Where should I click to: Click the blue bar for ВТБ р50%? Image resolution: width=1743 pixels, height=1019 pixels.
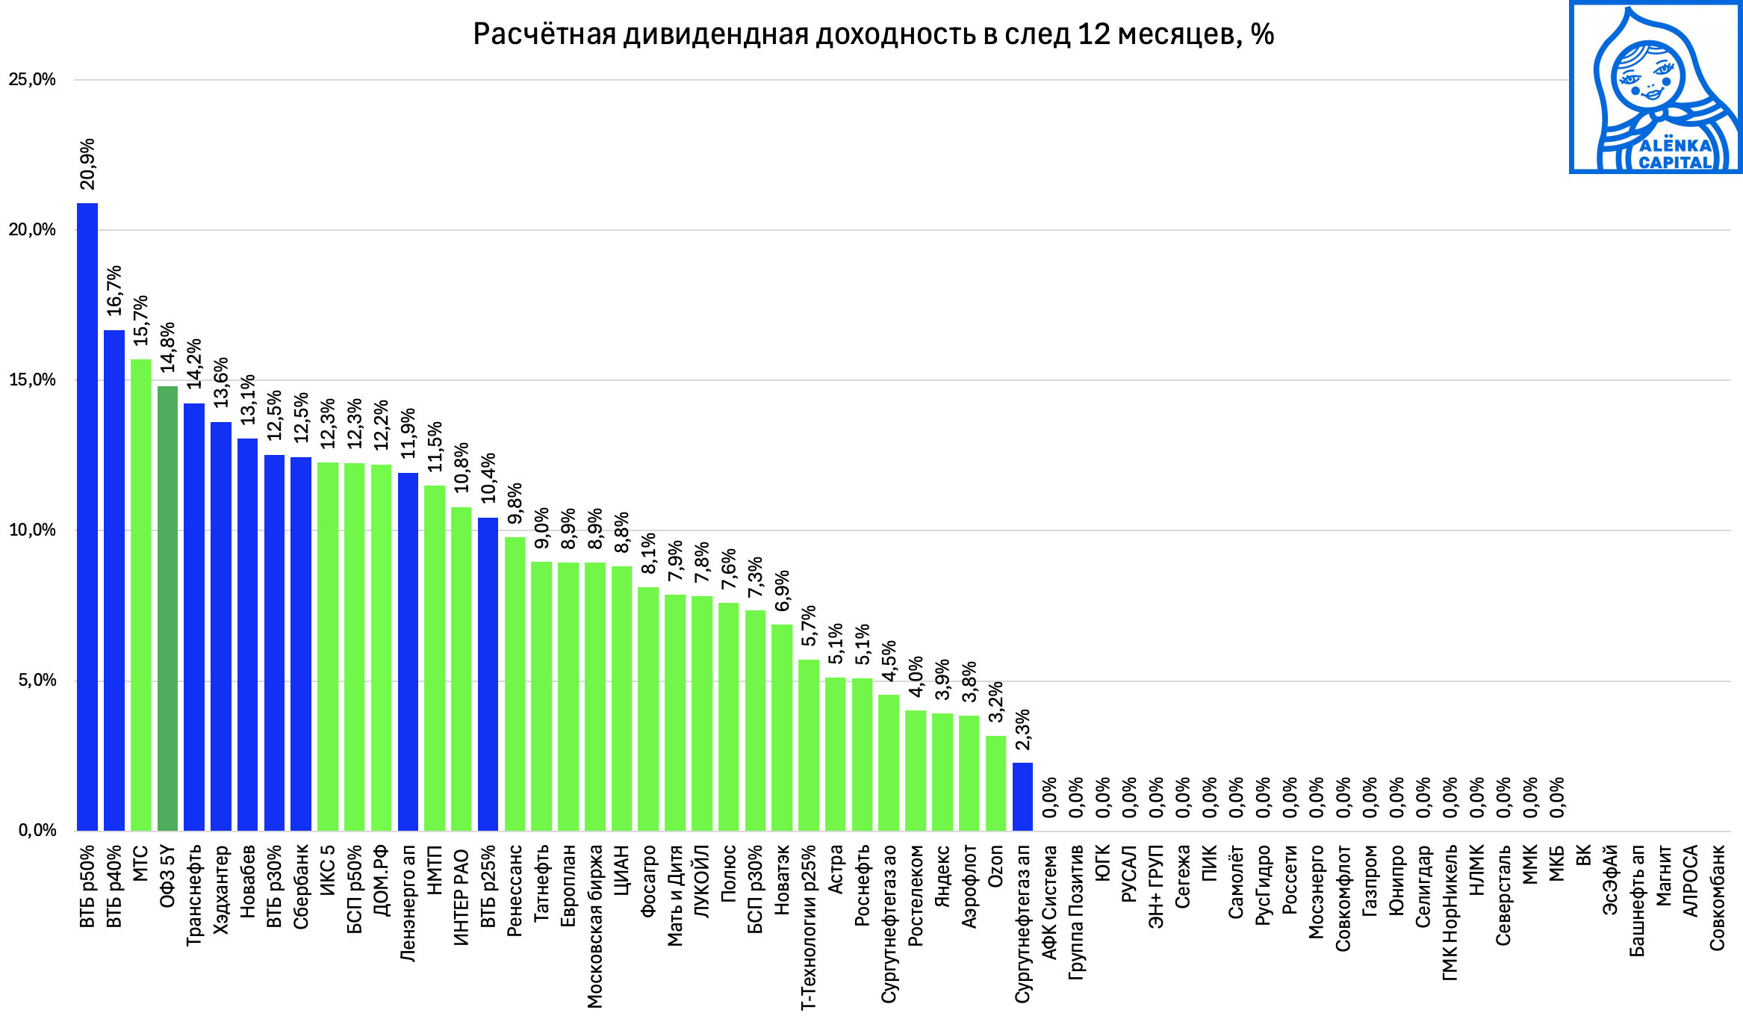87,515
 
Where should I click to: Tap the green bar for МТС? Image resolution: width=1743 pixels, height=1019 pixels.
140,594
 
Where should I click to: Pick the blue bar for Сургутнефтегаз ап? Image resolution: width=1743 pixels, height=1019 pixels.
1022,796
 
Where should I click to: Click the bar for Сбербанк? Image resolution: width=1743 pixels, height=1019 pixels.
301,642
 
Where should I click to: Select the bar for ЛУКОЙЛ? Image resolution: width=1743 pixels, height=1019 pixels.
701,713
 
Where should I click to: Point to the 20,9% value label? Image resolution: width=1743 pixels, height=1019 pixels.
87,164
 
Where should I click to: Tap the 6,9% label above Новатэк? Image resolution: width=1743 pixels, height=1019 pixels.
782,591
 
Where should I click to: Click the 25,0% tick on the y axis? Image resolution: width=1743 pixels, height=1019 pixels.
32,80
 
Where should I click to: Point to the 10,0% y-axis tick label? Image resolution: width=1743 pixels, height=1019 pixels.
32,530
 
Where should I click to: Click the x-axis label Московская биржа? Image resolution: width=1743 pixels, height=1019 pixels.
595,926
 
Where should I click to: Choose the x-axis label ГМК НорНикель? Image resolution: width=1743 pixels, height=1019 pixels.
1450,912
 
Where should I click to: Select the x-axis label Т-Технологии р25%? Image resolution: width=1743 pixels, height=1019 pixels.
809,927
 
